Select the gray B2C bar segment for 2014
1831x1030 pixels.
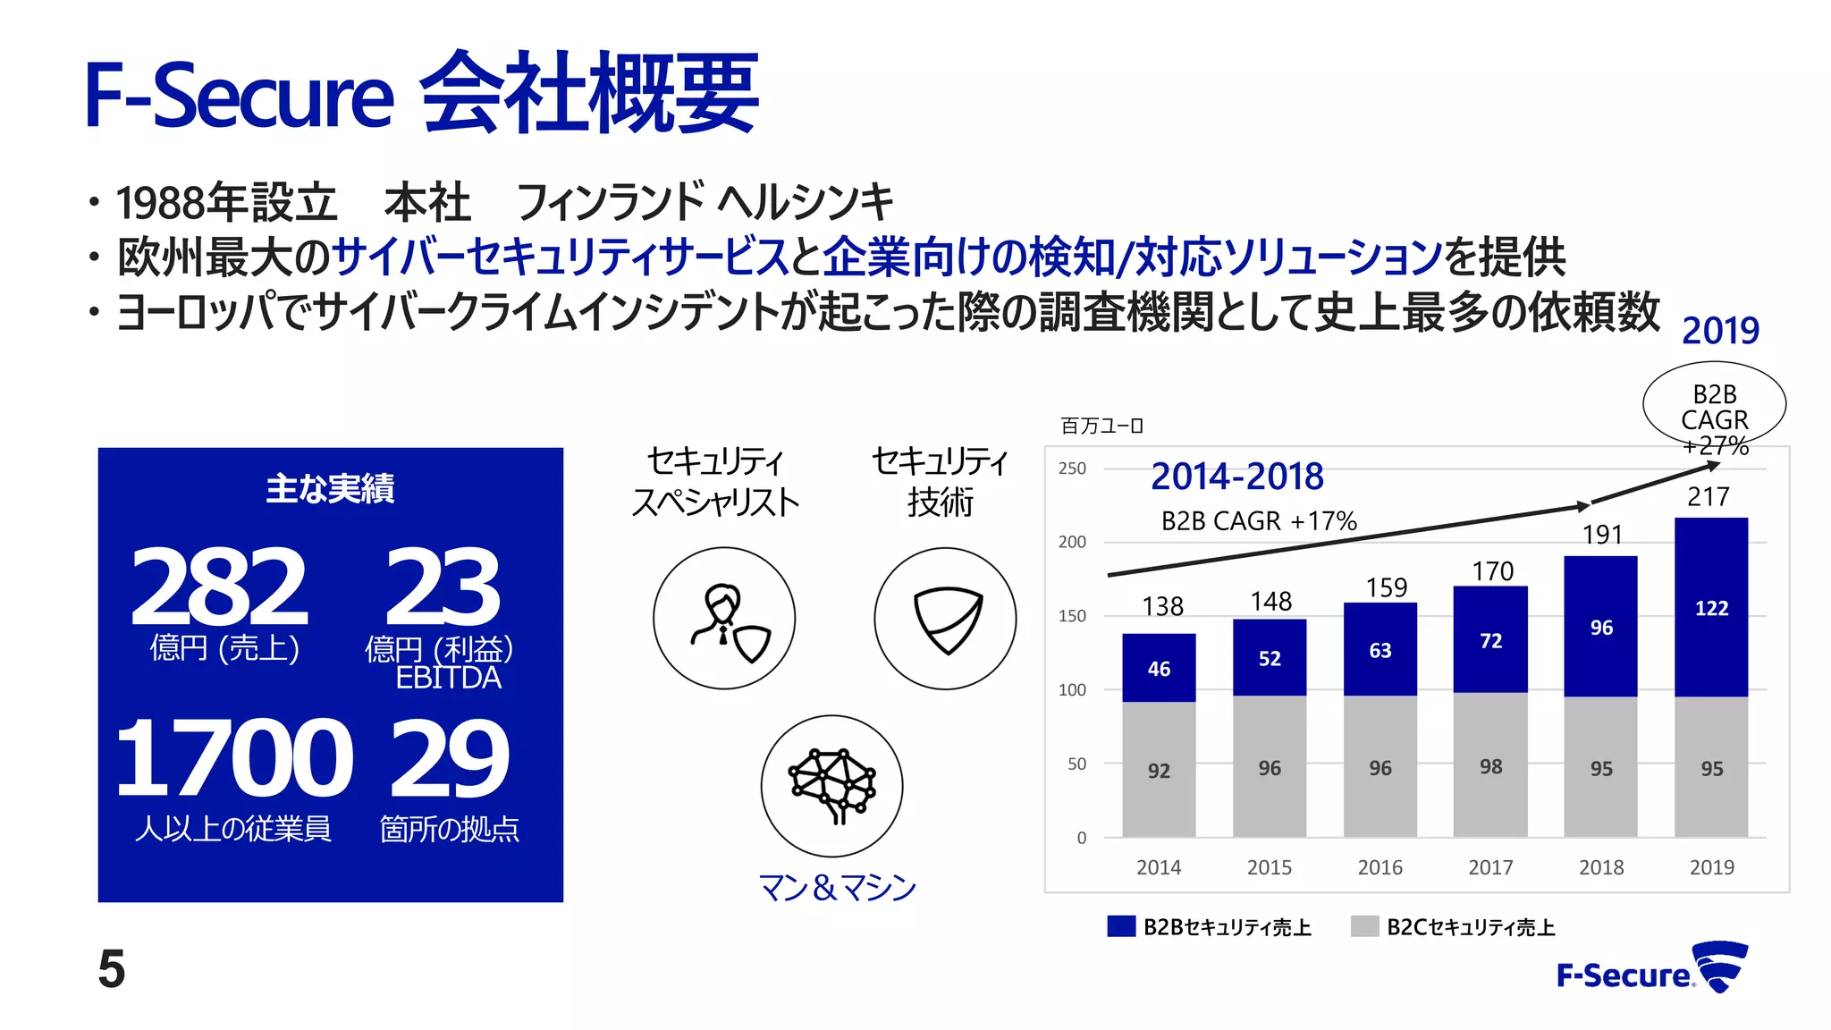pyautogui.click(x=1159, y=769)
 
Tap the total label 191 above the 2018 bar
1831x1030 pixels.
pyautogui.click(x=1601, y=535)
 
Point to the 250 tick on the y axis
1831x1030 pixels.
pyautogui.click(x=1072, y=469)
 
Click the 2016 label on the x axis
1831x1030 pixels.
pyautogui.click(x=1380, y=867)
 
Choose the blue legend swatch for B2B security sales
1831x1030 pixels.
pyautogui.click(x=1121, y=926)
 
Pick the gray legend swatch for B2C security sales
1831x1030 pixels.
pyautogui.click(x=1364, y=926)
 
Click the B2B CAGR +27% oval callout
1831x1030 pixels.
pyautogui.click(x=1714, y=407)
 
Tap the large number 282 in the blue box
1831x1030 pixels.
pyautogui.click(x=219, y=587)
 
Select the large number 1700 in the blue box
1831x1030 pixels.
pyautogui.click(x=234, y=758)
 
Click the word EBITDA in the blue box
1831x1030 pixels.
pyautogui.click(x=448, y=678)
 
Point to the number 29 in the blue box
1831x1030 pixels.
pyautogui.click(x=450, y=758)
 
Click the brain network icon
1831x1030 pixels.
pyautogui.click(x=831, y=786)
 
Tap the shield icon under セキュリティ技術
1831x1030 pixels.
pyautogui.click(x=945, y=619)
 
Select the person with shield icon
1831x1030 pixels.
pyautogui.click(x=724, y=619)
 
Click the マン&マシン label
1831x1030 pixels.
pyautogui.click(x=837, y=887)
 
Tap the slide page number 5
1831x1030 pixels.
pyautogui.click(x=112, y=969)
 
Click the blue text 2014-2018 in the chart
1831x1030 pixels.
pyautogui.click(x=1236, y=477)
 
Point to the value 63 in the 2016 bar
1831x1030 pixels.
pyautogui.click(x=1380, y=650)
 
